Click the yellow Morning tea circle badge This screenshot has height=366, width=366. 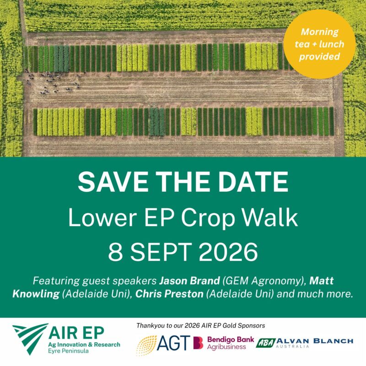(319, 44)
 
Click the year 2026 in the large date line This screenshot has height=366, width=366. (228, 253)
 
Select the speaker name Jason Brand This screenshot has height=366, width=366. (189, 280)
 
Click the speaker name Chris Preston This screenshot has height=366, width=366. (169, 294)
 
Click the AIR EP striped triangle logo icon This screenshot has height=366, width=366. (30, 339)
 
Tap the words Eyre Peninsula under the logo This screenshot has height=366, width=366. (68, 351)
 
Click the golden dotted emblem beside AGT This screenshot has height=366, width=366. (146, 345)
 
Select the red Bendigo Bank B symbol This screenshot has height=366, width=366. (198, 343)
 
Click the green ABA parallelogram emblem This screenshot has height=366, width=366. (266, 343)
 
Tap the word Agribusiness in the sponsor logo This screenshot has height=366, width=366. (226, 347)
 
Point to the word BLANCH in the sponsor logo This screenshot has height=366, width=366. (333, 341)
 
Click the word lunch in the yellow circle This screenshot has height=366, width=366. (331, 44)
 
